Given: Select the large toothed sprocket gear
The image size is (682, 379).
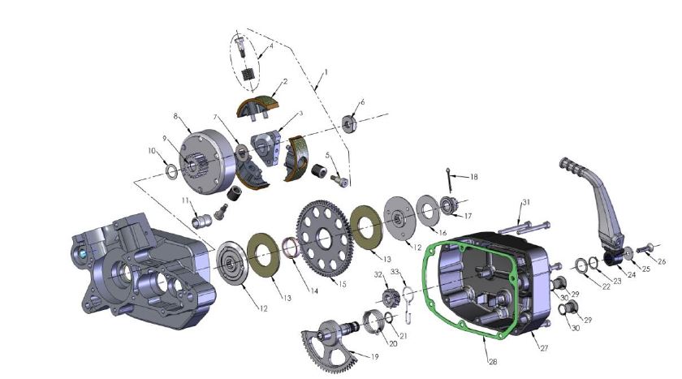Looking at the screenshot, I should (324, 228).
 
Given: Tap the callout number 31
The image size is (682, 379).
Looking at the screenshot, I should (526, 201).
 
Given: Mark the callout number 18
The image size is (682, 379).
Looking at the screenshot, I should (474, 176).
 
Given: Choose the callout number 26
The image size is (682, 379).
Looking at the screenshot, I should (662, 262).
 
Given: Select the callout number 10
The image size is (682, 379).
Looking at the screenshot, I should (151, 150).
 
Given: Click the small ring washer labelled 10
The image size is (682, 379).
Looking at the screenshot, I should (171, 172).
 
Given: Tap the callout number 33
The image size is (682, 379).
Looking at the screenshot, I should (395, 271).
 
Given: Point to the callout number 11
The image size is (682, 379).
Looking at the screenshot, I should (186, 200).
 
